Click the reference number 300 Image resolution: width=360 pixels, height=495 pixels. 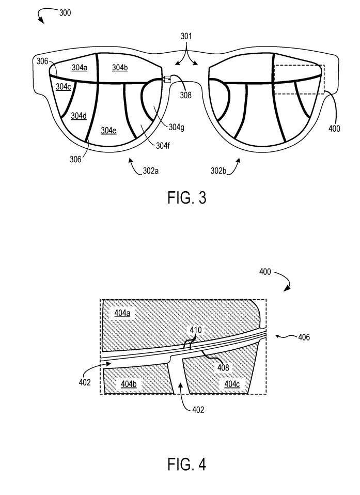coord(65,13)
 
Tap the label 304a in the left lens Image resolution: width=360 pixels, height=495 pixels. coord(80,67)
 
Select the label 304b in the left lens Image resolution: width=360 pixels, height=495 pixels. coord(120,67)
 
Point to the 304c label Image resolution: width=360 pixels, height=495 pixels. coord(63,86)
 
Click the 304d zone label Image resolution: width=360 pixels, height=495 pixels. coord(79,116)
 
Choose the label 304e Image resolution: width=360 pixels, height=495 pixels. coord(108,130)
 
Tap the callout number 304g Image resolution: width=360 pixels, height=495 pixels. coord(176,127)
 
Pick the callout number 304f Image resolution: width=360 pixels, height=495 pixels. coord(163,146)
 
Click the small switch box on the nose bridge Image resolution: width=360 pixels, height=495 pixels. coord(167,79)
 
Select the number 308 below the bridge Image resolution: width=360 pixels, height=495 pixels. coord(185,95)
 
